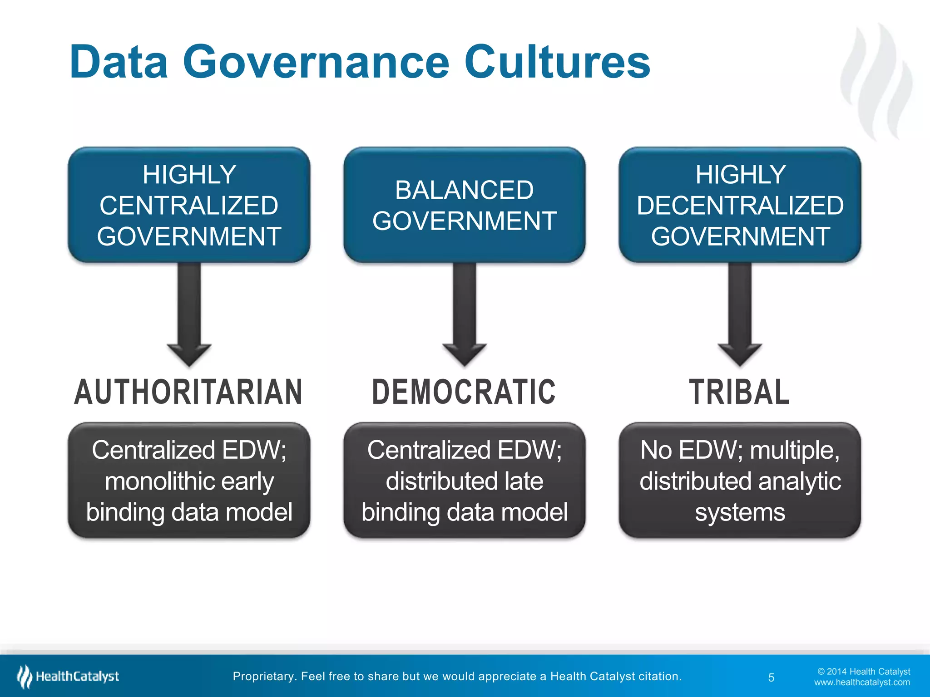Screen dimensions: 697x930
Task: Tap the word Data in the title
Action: click(119, 62)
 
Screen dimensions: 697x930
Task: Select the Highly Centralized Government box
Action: click(189, 205)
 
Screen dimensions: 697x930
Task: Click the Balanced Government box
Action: click(464, 205)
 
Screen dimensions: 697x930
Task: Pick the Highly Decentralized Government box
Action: click(740, 205)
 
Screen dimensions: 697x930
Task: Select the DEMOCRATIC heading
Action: click(464, 392)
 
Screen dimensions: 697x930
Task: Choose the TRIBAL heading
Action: click(739, 392)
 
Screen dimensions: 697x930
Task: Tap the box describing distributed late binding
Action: click(464, 481)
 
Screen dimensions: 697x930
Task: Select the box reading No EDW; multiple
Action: click(740, 481)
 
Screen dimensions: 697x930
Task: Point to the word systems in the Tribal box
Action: click(740, 512)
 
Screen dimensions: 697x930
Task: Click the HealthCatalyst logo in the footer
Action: click(68, 677)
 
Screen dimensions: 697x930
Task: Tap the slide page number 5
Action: click(771, 677)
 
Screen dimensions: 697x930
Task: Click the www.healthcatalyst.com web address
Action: click(862, 682)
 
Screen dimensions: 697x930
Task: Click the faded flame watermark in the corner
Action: click(876, 82)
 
